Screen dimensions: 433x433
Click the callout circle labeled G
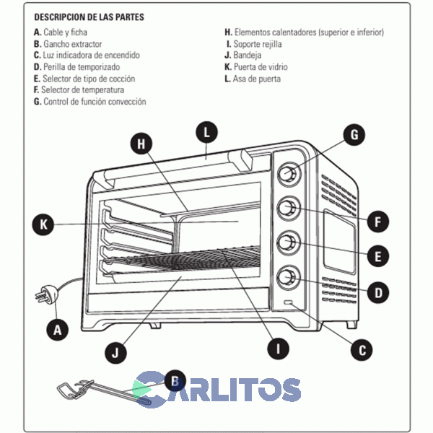(354, 134)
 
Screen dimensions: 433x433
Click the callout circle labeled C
(362, 349)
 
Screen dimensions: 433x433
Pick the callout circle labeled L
(207, 132)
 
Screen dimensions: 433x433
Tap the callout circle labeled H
(141, 143)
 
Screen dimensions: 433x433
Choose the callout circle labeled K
(43, 224)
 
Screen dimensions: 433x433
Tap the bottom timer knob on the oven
(288, 276)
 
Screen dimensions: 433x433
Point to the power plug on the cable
(40, 297)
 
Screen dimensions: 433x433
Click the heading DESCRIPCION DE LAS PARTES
(89, 16)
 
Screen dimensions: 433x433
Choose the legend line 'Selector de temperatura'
(79, 90)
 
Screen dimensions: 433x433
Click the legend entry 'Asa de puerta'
(253, 79)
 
